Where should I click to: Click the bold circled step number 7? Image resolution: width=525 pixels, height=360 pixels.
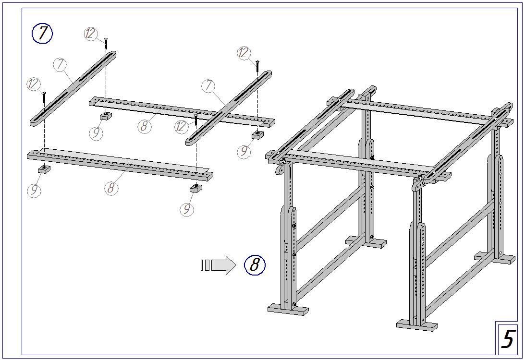point(42,34)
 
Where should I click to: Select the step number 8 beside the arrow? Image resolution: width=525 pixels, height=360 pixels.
point(255,264)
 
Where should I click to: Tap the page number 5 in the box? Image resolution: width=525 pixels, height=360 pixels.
point(508,339)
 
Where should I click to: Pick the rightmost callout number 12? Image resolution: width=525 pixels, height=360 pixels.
point(244,53)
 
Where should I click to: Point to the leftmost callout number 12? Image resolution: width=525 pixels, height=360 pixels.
point(33,84)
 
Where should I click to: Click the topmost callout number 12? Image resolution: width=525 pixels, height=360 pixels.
point(91,34)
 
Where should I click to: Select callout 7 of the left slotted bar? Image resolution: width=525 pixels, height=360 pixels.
point(60,64)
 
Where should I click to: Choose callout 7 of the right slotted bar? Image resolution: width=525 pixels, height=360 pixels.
point(208,85)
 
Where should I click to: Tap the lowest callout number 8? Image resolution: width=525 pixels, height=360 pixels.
point(111,188)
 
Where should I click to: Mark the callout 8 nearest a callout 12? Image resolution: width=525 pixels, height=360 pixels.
point(144,126)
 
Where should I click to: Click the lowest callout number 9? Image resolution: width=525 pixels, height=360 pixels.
point(187,209)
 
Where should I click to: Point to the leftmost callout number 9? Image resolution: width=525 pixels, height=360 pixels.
point(34,191)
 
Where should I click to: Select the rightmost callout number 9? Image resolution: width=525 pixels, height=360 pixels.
point(244,151)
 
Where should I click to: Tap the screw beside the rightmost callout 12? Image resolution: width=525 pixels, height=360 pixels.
point(257,66)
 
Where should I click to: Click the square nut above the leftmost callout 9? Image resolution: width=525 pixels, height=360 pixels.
point(44,168)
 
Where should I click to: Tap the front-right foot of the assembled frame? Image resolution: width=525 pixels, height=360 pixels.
point(417,325)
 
